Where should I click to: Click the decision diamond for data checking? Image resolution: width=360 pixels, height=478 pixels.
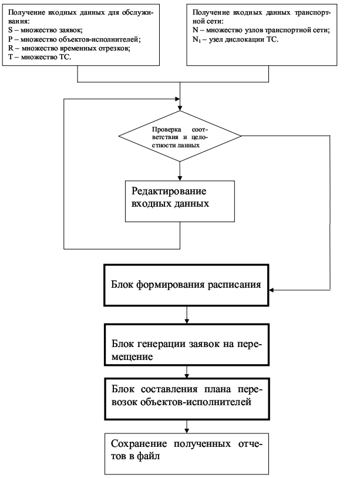pos(180,136)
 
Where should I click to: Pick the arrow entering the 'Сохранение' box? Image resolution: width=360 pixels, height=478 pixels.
pos(187,427)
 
